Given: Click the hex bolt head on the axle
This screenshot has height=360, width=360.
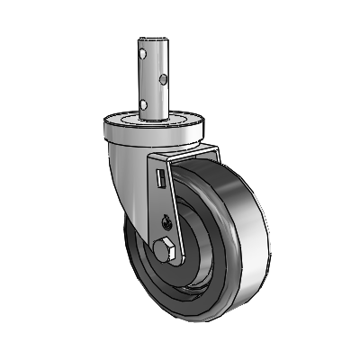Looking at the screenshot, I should pyautogui.click(x=165, y=249).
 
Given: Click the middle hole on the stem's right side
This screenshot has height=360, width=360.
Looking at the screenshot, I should pyautogui.click(x=162, y=80).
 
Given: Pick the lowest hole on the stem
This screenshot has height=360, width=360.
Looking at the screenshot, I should pyautogui.click(x=145, y=101).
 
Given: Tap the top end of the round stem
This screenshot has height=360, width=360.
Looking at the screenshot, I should pyautogui.click(x=154, y=40).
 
